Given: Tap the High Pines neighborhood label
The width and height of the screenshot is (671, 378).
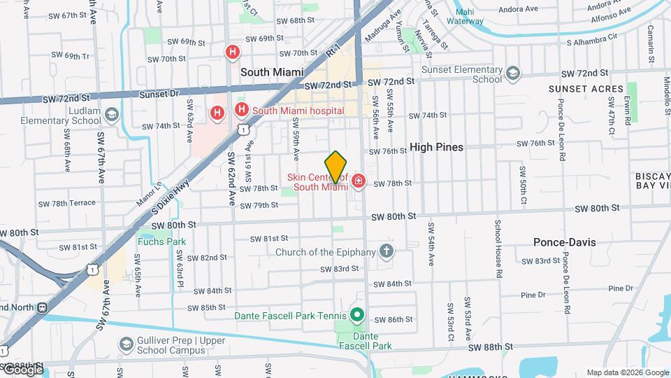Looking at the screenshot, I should click(437, 147).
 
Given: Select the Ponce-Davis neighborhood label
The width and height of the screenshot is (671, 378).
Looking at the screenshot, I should click(565, 242).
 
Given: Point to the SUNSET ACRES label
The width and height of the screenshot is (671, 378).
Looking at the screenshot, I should click(586, 89).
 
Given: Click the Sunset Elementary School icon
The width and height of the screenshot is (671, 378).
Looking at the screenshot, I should click(514, 73).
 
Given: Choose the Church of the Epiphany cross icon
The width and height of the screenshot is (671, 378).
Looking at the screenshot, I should click(387, 251).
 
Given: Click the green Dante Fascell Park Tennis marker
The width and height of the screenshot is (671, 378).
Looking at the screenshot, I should click(357, 315).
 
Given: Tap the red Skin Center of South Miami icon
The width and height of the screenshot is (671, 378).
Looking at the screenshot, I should click(359, 182).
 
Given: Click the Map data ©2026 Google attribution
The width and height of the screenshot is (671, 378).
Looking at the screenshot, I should click(628, 372).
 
